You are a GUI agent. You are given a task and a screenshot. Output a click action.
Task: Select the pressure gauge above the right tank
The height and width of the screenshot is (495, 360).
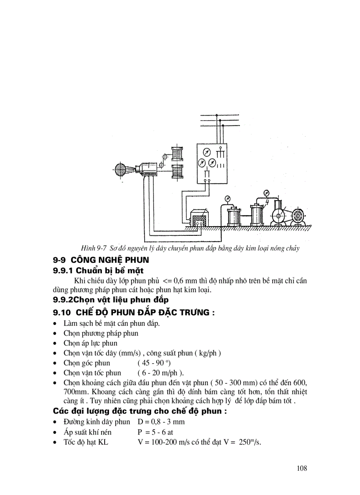(266, 192)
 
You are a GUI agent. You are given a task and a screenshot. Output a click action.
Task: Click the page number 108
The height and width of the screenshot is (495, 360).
(302, 468)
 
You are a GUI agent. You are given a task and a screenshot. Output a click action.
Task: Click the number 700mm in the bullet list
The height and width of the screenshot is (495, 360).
(73, 391)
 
